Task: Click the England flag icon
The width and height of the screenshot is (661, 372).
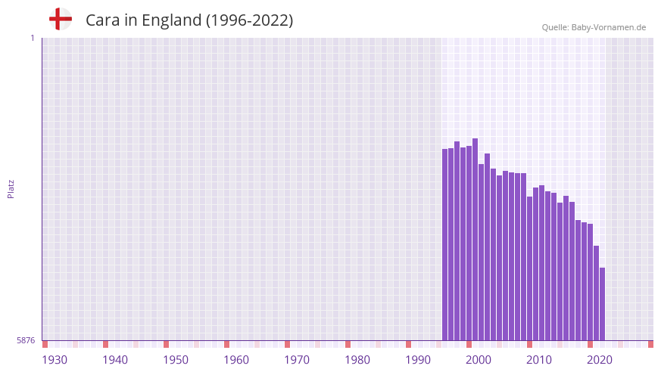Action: [61, 19]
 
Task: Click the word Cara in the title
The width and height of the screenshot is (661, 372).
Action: [101, 20]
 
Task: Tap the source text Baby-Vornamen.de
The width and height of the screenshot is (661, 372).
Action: [609, 27]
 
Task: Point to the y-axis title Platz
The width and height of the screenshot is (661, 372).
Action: [11, 188]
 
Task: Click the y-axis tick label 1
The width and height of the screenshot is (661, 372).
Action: [32, 38]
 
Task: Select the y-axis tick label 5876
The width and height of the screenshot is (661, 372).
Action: [26, 341]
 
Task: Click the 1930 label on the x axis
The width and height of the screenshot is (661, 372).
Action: [55, 360]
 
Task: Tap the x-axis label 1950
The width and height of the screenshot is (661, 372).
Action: [176, 360]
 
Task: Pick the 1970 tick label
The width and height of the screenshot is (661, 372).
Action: [297, 360]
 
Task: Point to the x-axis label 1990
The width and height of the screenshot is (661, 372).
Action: [418, 360]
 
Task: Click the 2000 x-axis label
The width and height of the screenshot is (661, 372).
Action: [479, 360]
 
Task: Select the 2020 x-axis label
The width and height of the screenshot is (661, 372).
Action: [600, 360]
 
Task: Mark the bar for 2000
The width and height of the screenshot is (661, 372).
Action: [469, 243]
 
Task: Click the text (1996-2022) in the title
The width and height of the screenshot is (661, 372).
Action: [249, 20]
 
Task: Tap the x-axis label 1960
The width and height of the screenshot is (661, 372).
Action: [236, 360]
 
